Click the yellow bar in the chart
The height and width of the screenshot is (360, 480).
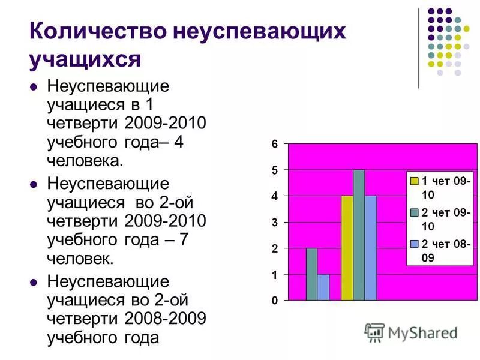coord(347,248)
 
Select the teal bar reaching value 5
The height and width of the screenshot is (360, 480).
coord(359,235)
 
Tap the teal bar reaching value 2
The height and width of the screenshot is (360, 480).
coord(311,274)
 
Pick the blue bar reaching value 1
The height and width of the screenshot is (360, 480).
coord(323,287)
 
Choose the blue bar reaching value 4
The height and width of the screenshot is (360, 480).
coord(371,248)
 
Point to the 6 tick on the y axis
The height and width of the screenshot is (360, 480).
coord(274,145)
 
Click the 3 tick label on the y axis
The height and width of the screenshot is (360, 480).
coord(274,223)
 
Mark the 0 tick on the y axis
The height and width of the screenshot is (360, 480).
coord(274,301)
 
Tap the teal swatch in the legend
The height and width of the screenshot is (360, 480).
coord(414,212)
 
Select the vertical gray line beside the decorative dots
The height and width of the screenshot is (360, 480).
coord(418,48)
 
